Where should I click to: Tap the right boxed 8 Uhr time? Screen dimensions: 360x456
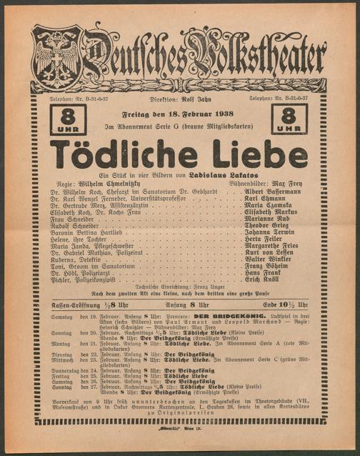click(x=289, y=119)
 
